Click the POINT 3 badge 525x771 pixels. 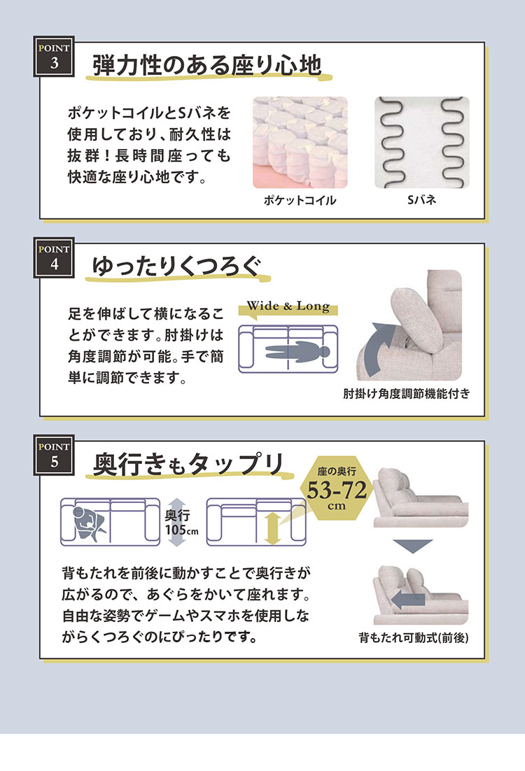[54, 56]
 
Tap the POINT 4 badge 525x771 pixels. [54, 257]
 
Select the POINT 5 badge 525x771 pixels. [54, 455]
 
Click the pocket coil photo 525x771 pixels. [300, 142]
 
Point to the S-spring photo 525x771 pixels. [421, 142]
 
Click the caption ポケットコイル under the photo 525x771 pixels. [300, 200]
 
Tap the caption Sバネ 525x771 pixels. [421, 199]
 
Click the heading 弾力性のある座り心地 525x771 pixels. [207, 65]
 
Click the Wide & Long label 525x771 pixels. [288, 306]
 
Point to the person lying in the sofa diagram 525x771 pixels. [297, 352]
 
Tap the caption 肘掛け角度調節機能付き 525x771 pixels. [407, 393]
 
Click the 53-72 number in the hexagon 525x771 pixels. [337, 490]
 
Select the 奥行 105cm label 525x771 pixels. [181, 523]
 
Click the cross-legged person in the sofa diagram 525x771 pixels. [89, 523]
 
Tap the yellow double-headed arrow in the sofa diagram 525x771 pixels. [272, 529]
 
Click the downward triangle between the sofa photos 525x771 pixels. [412, 546]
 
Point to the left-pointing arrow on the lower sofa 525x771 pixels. [408, 600]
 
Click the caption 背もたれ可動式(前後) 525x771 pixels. [413, 638]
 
